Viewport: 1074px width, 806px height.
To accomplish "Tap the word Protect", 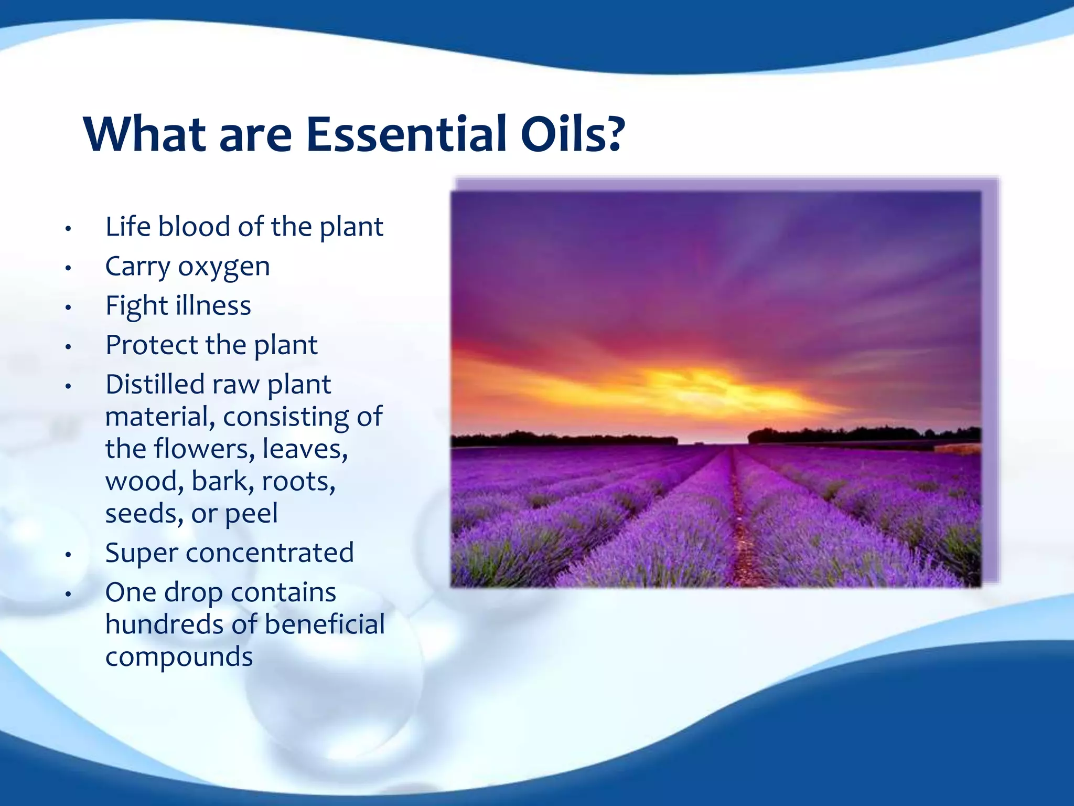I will pos(152,345).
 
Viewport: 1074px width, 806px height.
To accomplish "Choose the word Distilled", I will pos(155,384).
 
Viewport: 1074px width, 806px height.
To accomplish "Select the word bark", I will pos(222,481).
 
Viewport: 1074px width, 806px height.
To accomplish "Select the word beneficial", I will pos(325,624).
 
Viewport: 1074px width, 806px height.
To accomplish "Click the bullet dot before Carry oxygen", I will pos(68,268).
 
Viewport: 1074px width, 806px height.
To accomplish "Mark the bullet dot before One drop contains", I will pos(68,594).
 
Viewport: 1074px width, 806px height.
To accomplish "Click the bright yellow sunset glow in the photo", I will pos(697,386).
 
